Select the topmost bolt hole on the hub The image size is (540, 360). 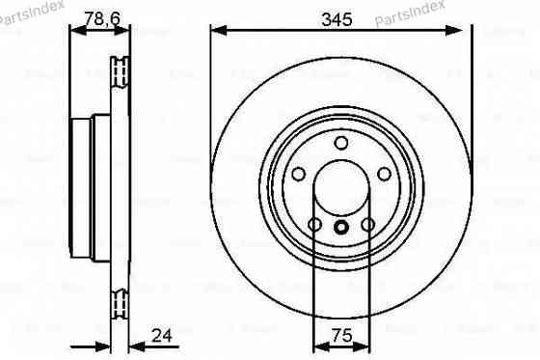pyautogui.click(x=340, y=144)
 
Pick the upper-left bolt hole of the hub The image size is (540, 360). pyautogui.click(x=298, y=175)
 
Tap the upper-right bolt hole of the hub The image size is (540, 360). pyautogui.click(x=383, y=175)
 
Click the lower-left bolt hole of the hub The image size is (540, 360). pyautogui.click(x=314, y=225)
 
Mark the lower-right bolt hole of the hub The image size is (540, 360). pyautogui.click(x=367, y=225)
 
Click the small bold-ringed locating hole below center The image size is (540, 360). pyautogui.click(x=340, y=229)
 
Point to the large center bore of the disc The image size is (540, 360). pyautogui.click(x=340, y=189)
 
